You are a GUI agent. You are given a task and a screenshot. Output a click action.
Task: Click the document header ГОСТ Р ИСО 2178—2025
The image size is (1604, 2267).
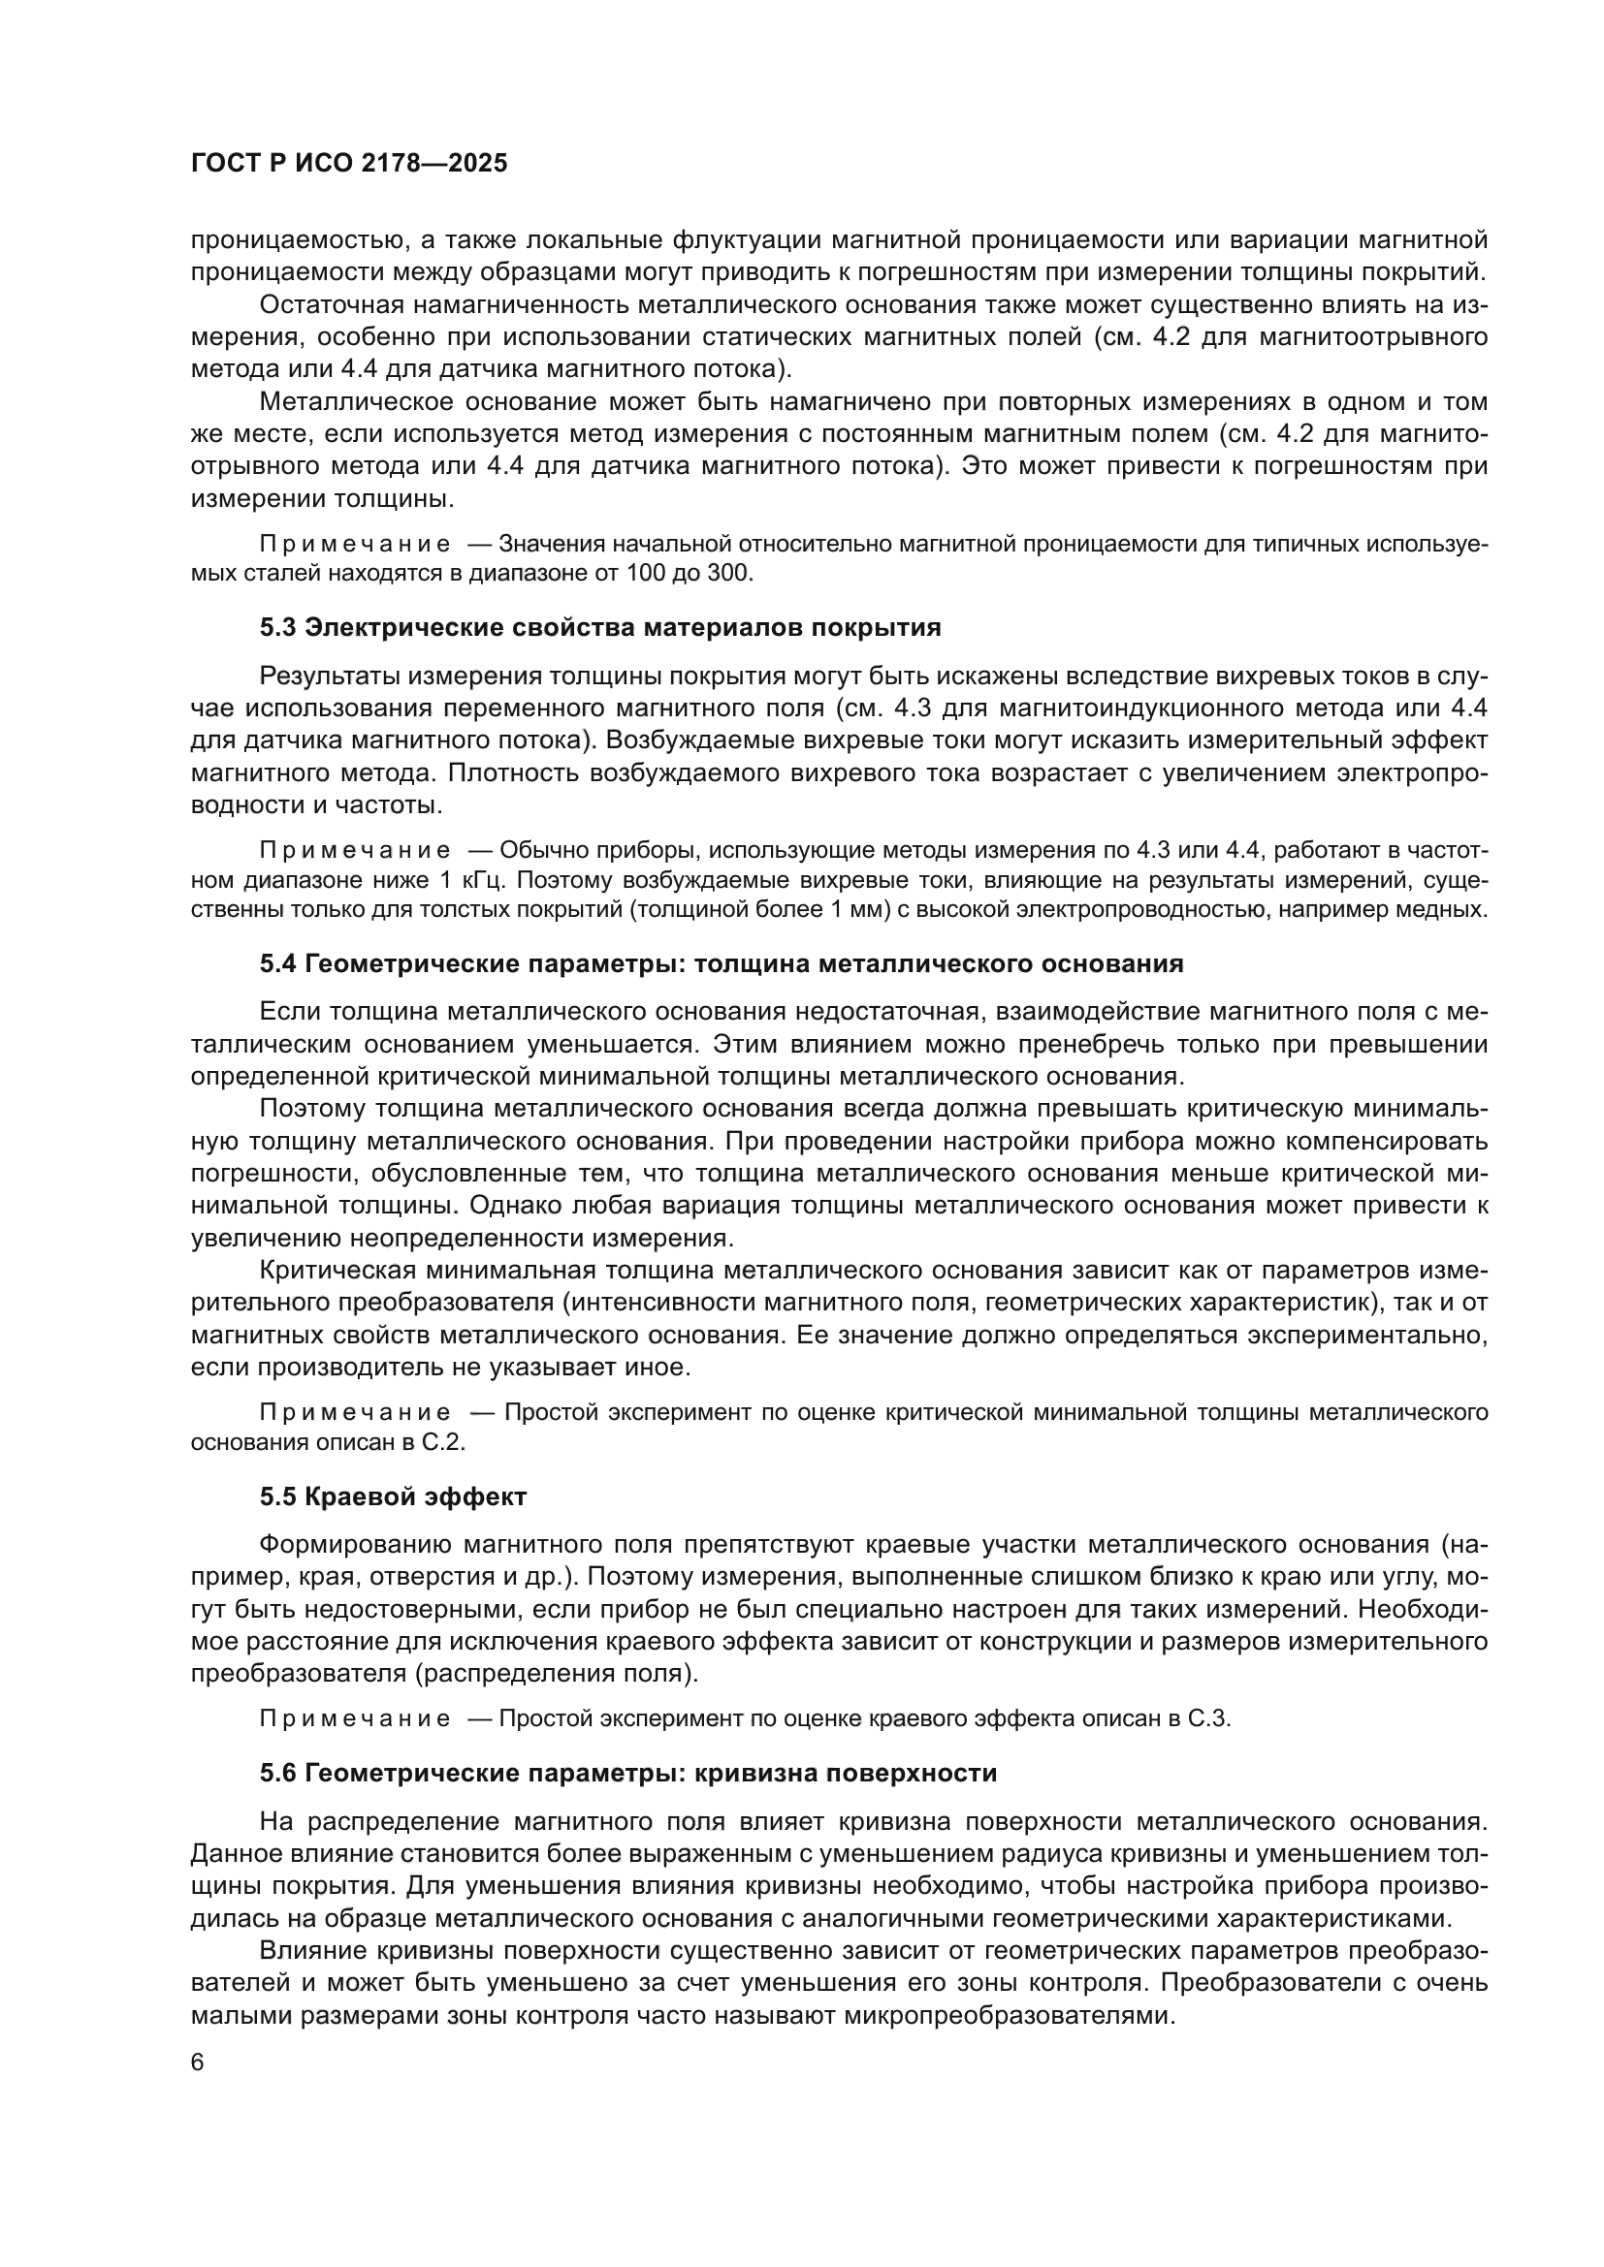349,164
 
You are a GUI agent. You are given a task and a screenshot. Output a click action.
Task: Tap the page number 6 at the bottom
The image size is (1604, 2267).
198,2064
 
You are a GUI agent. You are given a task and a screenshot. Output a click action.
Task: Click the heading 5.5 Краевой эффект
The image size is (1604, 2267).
393,1496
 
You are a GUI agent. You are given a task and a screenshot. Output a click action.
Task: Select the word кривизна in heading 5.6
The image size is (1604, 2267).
754,1774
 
